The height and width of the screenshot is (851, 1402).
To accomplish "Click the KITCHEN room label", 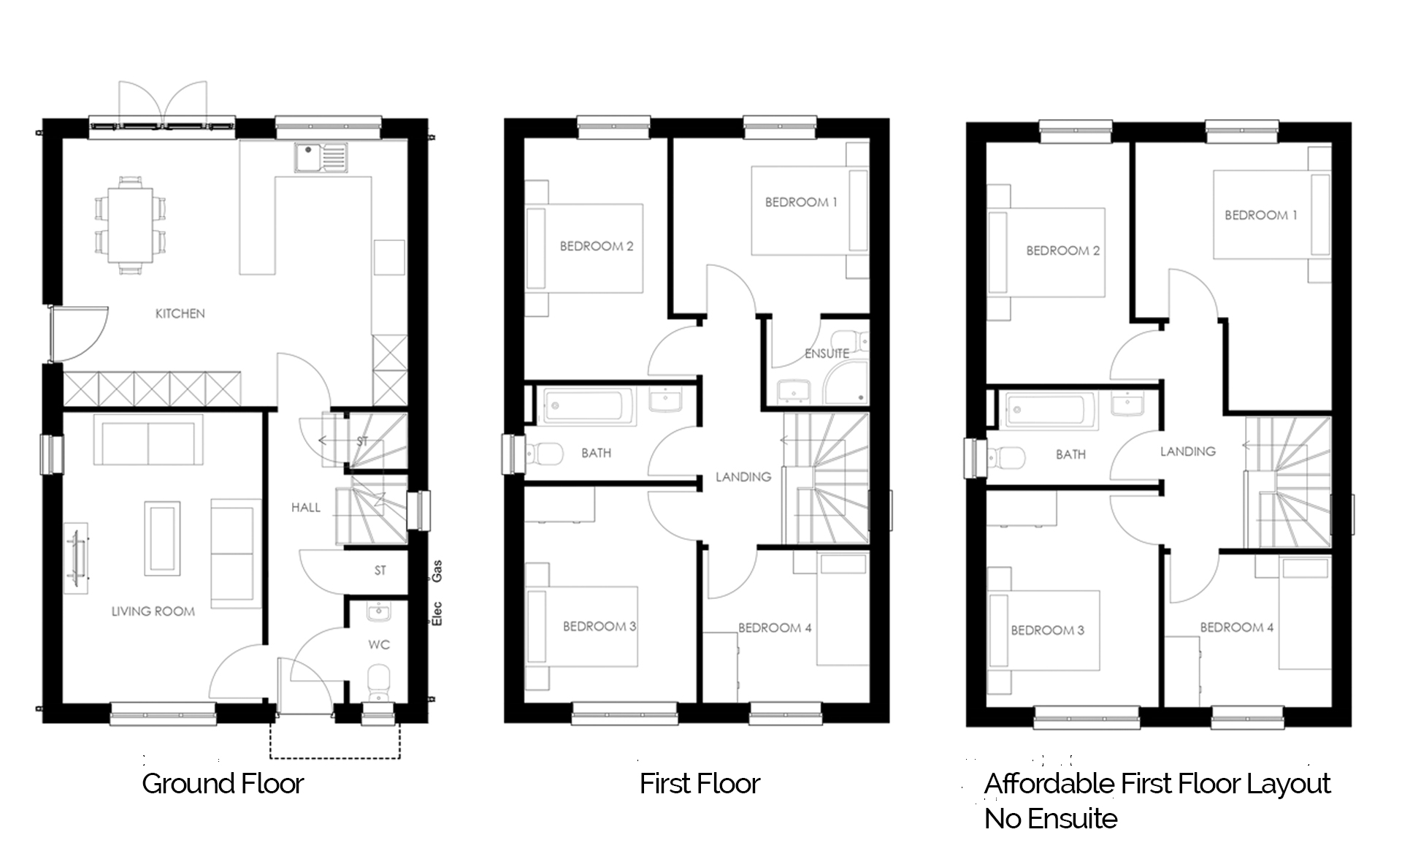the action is coord(180,313).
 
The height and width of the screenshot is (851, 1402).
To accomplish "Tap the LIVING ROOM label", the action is coord(153,611).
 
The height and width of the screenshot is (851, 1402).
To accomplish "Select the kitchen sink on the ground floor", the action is coord(321,158).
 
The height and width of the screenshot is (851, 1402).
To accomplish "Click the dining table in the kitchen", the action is coord(131,225).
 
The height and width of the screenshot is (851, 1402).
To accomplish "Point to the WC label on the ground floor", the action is coord(379,644).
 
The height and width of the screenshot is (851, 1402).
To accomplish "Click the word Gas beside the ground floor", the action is coord(437,570).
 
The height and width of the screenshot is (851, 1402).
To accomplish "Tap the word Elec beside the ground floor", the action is coord(437,614).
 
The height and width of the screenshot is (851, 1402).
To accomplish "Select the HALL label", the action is coord(306,507).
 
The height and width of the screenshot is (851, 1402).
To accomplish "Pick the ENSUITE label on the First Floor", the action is coord(827,354).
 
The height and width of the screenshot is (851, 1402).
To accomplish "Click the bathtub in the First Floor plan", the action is coord(588,406).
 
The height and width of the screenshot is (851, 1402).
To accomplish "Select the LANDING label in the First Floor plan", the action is coord(743,477).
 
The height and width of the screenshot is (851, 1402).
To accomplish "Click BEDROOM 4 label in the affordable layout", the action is coord(1237,627).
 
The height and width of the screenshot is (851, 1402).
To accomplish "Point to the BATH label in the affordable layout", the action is coord(1070,454).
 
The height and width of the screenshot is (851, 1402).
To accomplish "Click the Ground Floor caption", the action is coord(223,784).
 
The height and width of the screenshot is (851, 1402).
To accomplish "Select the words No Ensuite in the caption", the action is coord(1051,819).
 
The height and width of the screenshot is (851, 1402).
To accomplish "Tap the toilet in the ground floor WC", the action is coord(378,682).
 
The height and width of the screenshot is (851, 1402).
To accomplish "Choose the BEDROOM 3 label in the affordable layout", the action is coord(1047,630).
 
